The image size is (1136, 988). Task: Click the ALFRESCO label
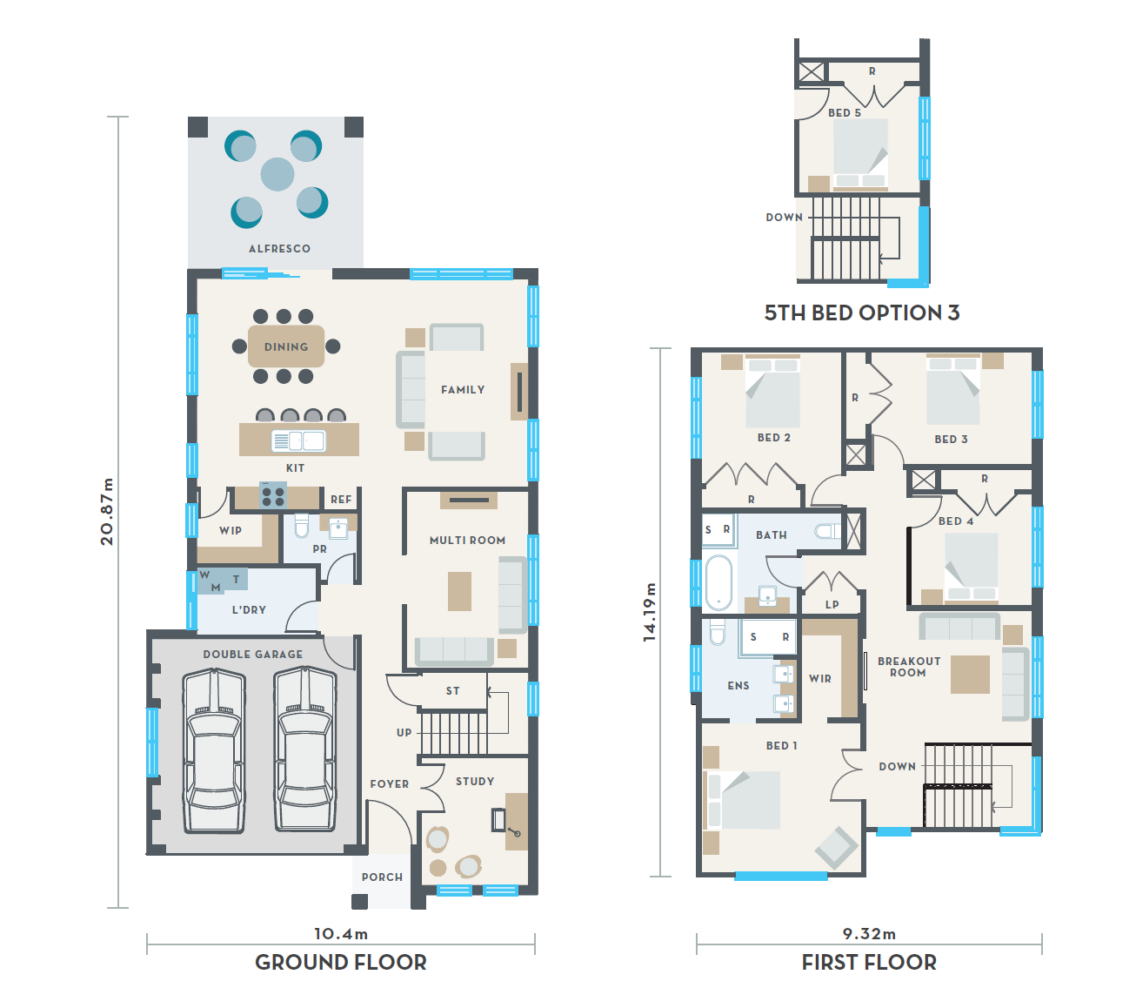[x=279, y=248]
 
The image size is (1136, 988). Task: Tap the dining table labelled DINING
[x=286, y=346]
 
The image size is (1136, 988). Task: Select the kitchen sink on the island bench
[x=298, y=440]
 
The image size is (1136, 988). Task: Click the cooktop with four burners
[x=273, y=495]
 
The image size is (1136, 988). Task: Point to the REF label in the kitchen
[x=341, y=500]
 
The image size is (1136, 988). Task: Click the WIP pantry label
[x=231, y=530]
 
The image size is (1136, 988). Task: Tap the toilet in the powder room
[x=302, y=525]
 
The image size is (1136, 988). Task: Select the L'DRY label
[x=249, y=609]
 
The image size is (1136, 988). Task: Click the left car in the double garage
[x=214, y=750]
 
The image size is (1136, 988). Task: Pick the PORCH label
[x=382, y=877]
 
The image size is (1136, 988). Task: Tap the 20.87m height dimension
[x=107, y=511]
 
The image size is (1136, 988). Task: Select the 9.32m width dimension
[x=869, y=933]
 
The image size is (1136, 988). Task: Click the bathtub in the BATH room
[x=719, y=582]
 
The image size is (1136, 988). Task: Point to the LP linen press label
[x=832, y=605]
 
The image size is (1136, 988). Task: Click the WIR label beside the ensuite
[x=820, y=678]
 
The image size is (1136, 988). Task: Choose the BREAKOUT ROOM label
[x=909, y=667]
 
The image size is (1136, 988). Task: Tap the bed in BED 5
[x=860, y=154]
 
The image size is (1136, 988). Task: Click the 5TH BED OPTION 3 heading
[x=862, y=313]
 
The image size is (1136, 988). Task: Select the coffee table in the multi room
[x=460, y=591]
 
